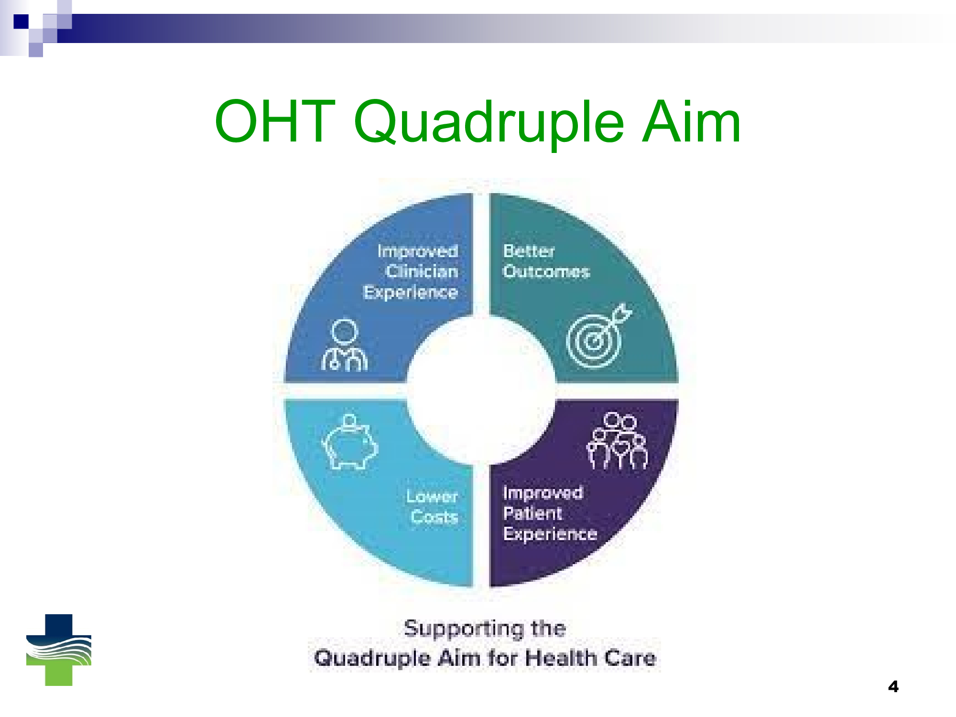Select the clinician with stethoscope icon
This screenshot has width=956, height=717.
[x=345, y=345]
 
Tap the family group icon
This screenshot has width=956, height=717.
[x=617, y=441]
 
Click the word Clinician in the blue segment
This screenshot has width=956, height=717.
[x=422, y=272]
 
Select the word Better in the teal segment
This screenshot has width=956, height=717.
[x=529, y=251]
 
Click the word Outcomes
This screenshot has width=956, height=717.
[x=546, y=272]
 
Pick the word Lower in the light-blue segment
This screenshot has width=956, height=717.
[x=432, y=497]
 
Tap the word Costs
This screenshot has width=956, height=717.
[x=434, y=517]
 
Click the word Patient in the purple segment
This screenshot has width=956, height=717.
[x=532, y=513]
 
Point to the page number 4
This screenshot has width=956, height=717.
[x=893, y=687]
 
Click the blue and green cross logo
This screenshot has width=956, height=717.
[x=59, y=650]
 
